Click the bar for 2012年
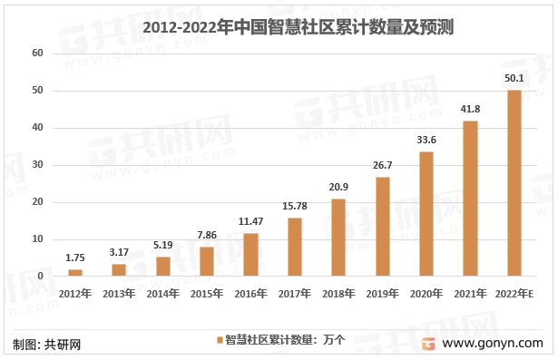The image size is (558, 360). [74, 272]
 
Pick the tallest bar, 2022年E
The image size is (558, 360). [514, 183]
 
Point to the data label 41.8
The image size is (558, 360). [470, 111]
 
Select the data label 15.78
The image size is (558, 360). [294, 208]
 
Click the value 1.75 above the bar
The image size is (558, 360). [74, 259]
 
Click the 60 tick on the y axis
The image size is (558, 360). [37, 54]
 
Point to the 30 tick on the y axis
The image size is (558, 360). [37, 165]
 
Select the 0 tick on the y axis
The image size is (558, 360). [40, 276]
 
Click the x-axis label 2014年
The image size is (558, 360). [162, 294]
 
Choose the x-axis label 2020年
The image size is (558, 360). [426, 294]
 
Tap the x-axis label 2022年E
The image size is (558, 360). [514, 294]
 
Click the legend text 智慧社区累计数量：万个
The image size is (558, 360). [284, 340]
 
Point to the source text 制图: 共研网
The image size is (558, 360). [47, 345]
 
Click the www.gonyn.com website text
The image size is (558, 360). [497, 344]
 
